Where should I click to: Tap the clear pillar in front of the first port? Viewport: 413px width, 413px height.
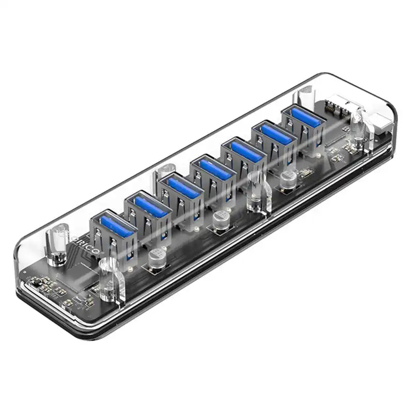(109, 279)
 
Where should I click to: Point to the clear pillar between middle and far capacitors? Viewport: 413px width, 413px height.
(255, 192)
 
